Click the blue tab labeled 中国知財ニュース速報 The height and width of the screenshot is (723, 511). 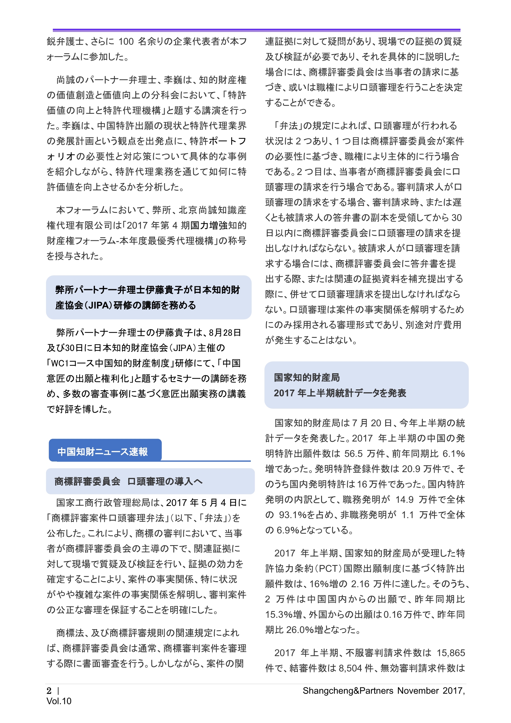[x=103, y=452]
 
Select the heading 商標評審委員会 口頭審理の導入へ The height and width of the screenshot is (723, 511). [x=128, y=481]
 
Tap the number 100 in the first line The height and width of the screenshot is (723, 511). [x=126, y=42]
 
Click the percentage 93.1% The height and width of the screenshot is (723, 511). [x=292, y=515]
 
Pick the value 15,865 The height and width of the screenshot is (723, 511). [x=450, y=653]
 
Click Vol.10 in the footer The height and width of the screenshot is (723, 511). [x=59, y=701]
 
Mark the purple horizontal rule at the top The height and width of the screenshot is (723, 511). [x=256, y=30]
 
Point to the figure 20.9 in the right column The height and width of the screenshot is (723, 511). [x=411, y=469]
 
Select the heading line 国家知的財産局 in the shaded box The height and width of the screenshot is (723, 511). [x=307, y=377]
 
